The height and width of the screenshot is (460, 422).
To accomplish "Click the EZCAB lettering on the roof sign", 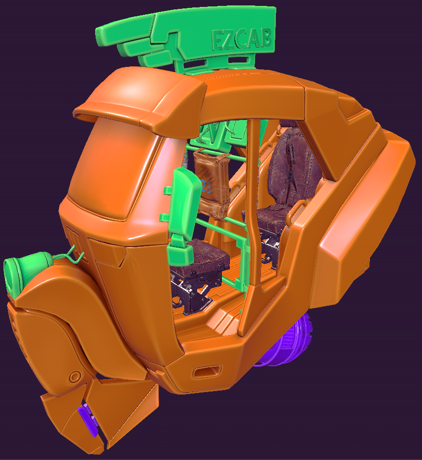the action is [242, 39].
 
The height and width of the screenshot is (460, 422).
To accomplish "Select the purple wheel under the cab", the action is [286, 341].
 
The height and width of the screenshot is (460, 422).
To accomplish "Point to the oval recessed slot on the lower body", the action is [207, 372].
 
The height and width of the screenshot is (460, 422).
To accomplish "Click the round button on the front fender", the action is [75, 376].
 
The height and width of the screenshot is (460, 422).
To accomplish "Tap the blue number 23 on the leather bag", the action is [206, 186].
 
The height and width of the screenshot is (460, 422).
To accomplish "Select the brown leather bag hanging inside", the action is [211, 185].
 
